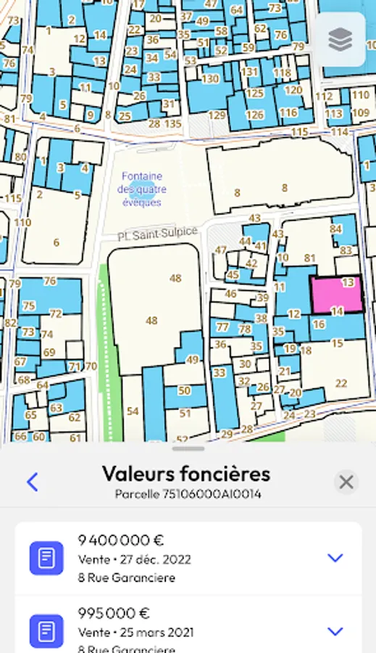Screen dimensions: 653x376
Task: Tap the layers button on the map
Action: (x=341, y=40)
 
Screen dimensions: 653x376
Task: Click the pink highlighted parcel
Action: (x=336, y=295)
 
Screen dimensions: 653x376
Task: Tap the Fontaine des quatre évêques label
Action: (x=142, y=189)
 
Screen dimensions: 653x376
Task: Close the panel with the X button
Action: (x=346, y=482)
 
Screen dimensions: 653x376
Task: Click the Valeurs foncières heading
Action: (x=186, y=474)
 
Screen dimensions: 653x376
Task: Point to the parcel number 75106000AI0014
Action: (x=188, y=494)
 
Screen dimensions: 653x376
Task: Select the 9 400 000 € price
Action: (x=122, y=540)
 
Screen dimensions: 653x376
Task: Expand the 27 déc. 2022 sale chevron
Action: (x=335, y=558)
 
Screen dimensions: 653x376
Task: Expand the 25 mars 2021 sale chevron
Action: (x=335, y=631)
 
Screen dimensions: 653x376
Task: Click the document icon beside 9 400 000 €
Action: (x=46, y=558)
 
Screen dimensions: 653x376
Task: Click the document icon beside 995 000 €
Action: (x=46, y=631)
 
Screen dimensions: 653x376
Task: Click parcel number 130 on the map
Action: (x=210, y=78)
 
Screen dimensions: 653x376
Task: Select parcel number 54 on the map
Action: (x=133, y=411)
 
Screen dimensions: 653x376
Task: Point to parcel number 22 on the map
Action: (x=341, y=383)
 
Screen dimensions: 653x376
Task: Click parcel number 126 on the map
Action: (x=254, y=115)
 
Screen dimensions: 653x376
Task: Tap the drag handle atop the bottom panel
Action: (x=188, y=449)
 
